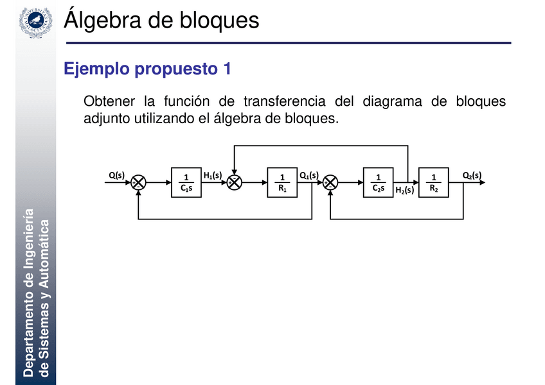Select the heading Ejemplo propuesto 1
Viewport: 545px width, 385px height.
tap(147, 69)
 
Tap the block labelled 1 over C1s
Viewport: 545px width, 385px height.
tap(186, 182)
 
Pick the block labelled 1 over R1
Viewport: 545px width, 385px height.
tap(282, 182)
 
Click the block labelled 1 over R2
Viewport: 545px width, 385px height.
tap(434, 182)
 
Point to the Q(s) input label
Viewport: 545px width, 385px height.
tap(116, 175)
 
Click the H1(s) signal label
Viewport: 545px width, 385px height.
tap(212, 175)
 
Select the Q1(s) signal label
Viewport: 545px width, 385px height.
tap(309, 175)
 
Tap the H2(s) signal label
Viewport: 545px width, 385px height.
tap(404, 190)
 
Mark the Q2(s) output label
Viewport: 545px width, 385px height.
tap(472, 175)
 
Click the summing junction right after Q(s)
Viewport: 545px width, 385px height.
tap(138, 182)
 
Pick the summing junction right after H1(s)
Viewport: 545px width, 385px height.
tap(235, 182)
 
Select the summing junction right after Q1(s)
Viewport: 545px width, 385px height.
tap(330, 182)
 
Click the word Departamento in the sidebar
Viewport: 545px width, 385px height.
tap(28, 333)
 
